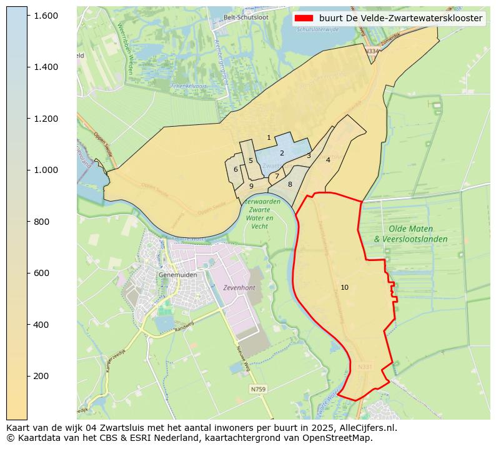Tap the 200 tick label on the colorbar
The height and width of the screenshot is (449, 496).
tap(46, 376)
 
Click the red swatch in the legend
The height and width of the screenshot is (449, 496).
tap(304, 19)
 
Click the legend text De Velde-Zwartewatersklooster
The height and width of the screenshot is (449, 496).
tap(400, 19)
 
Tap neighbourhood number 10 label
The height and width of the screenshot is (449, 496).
tap(344, 287)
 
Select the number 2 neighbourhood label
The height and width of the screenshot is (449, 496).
tap(282, 153)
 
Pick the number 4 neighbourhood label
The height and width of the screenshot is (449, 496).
tap(328, 160)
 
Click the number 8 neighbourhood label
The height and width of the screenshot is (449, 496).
tap(290, 184)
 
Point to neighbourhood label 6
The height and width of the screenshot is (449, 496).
tap(236, 169)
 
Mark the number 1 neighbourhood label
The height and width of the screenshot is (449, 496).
tap(269, 137)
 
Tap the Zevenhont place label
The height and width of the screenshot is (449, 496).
tap(239, 288)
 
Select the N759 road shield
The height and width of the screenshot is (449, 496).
tap(258, 389)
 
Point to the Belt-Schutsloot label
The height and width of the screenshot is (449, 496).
tap(246, 17)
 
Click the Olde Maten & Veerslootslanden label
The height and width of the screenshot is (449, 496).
tap(410, 234)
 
